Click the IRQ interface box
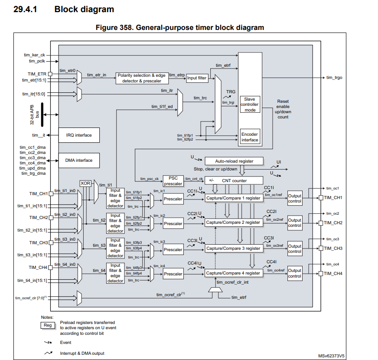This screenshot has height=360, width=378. coord(78,135)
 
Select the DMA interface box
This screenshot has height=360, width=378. coord(78,160)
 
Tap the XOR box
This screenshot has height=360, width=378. coord(85,183)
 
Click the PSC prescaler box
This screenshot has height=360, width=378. coord(173,181)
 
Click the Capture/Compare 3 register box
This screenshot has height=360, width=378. coord(233,249)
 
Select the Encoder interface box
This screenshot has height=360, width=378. coord(250,137)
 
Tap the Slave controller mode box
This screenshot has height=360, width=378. coord(250,105)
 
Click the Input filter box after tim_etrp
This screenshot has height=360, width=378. coord(197,78)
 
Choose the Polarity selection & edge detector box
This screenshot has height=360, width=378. coord(142,78)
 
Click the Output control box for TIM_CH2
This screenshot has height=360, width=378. coord(295,223)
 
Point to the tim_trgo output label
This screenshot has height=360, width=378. coord(334,77)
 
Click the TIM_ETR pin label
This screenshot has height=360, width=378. coord(37,74)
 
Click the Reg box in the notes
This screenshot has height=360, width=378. coord(47,325)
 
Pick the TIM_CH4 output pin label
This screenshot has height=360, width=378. coord(333,273)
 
